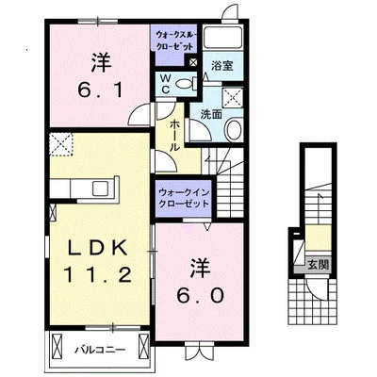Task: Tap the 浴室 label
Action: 221,68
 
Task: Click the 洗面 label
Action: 209,113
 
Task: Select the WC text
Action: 164,84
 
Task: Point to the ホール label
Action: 175,134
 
